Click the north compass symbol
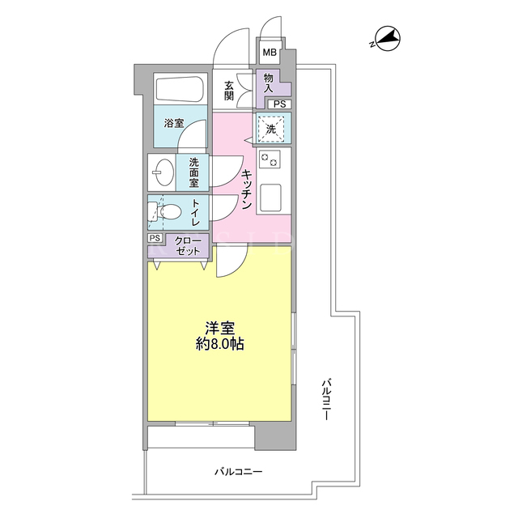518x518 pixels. tap(387, 39)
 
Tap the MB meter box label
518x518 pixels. tap(270, 52)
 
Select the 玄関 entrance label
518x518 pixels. tap(229, 91)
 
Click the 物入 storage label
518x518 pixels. tap(268, 83)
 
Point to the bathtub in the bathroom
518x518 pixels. tap(180, 89)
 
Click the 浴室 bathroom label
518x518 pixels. tap(174, 124)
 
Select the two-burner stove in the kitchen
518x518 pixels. tap(270, 159)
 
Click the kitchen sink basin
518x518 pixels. tap(270, 197)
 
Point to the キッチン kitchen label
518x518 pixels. tap(247, 189)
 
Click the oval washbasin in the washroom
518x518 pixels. tap(163, 172)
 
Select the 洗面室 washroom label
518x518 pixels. tap(194, 172)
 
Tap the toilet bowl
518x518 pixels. tap(169, 210)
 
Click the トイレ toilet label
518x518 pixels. tap(195, 212)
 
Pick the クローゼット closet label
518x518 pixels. tap(188, 246)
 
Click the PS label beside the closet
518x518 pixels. tap(155, 238)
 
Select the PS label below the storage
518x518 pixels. tap(279, 104)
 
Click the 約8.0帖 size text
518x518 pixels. tap(220, 345)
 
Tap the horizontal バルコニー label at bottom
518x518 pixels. tap(239, 471)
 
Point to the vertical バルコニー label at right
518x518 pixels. tap(326, 400)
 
